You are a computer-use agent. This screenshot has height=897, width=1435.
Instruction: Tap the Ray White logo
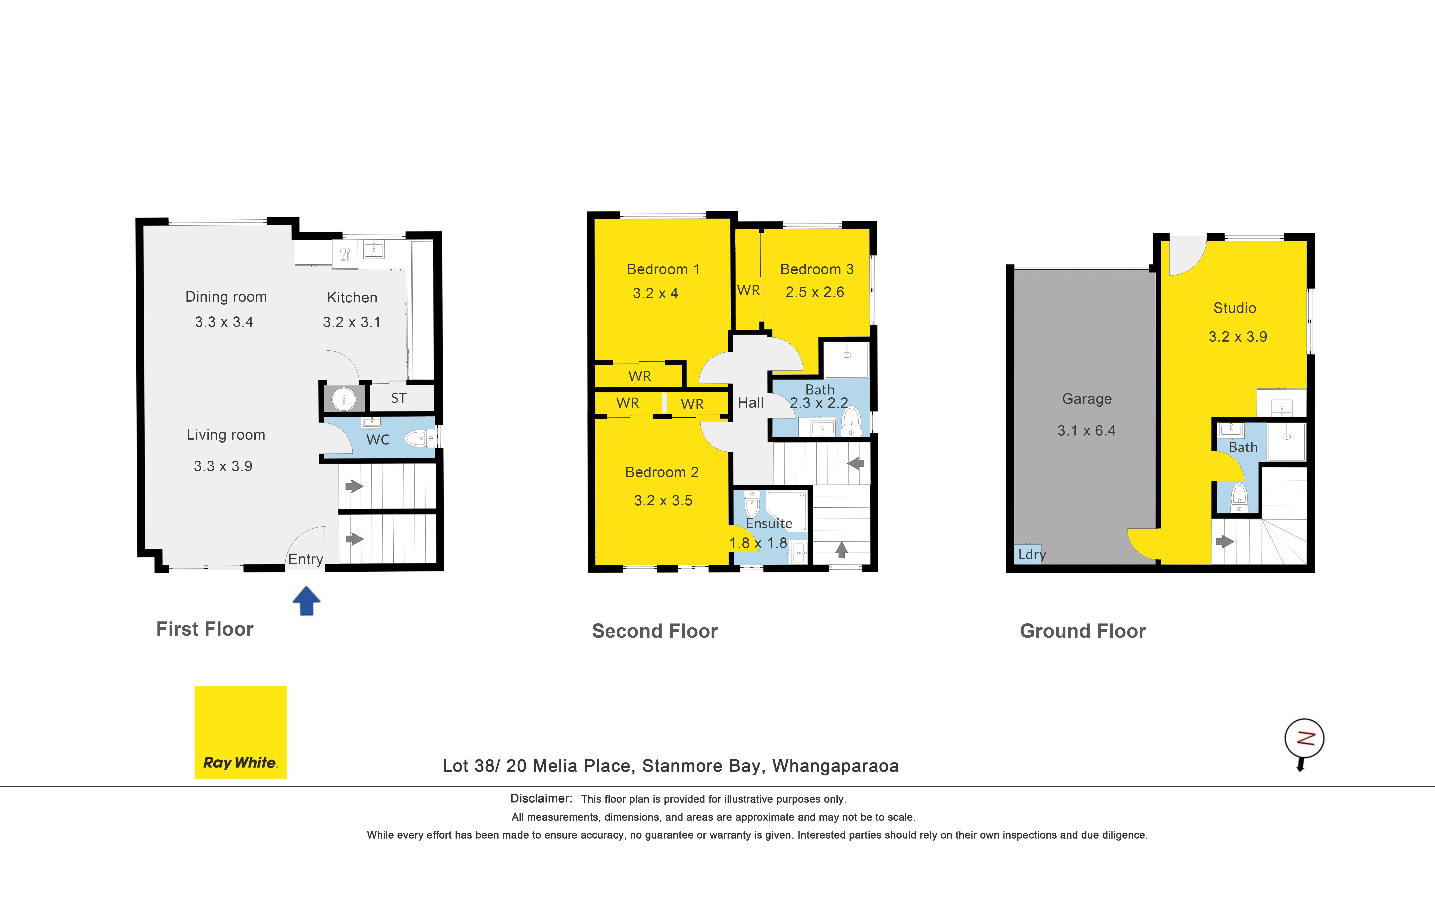click(240, 732)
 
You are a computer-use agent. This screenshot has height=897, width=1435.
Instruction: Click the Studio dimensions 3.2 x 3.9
click(1238, 337)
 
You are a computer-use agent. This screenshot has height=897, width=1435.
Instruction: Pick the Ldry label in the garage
click(1032, 555)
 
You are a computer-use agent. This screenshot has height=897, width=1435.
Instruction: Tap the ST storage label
click(399, 398)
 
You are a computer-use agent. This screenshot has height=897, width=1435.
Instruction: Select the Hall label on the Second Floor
click(751, 403)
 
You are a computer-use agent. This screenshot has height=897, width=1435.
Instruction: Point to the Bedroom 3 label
click(817, 269)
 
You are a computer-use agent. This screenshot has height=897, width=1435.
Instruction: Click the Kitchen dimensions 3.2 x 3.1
click(352, 322)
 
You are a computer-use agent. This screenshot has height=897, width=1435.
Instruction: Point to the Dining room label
click(226, 297)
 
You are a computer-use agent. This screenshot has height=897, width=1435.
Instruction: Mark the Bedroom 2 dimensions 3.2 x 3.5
click(663, 501)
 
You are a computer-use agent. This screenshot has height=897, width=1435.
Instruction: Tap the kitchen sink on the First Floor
click(374, 249)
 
